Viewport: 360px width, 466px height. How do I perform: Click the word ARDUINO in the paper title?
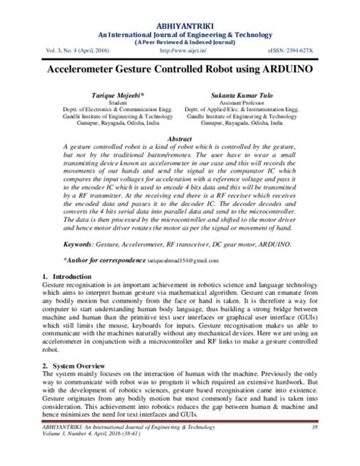click(x=288, y=68)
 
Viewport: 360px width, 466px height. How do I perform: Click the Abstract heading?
click(x=179, y=139)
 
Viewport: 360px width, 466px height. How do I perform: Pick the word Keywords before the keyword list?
click(x=58, y=245)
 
